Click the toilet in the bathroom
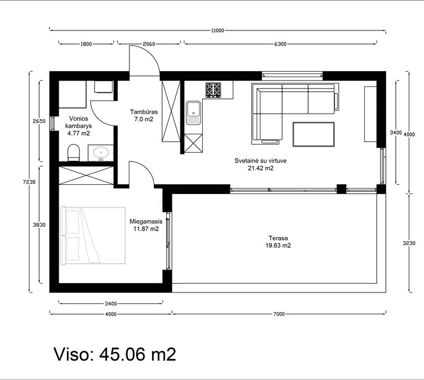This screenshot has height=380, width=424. pos(73,153)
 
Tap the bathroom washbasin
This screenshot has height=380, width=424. pos(101,153)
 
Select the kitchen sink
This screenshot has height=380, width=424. pos(194,113)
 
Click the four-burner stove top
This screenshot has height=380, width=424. pos(213,90)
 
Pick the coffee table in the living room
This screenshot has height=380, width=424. pos(314,134)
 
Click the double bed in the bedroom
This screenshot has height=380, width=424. pos(93,235)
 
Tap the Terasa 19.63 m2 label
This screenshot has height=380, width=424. pos(278,242)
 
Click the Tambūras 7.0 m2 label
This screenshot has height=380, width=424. pos(144,115)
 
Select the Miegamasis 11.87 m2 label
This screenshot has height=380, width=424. pos(146,225)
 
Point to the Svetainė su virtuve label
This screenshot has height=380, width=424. pos(261,161)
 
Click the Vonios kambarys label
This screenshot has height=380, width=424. pos(78,122)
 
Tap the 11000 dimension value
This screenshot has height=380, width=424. pos(217,30)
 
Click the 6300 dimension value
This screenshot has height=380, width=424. pos(280,44)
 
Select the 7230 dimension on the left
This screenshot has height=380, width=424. pos(29,182)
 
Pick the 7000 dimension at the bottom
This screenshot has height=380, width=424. pos(279,314)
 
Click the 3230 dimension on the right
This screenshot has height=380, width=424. pos(409,243)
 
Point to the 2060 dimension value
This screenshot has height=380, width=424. pos(149,44)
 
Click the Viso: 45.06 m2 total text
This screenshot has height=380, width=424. pos(115,354)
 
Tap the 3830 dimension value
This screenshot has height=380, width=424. pos(39,225)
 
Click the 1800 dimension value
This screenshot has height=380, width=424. pos(86,44)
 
